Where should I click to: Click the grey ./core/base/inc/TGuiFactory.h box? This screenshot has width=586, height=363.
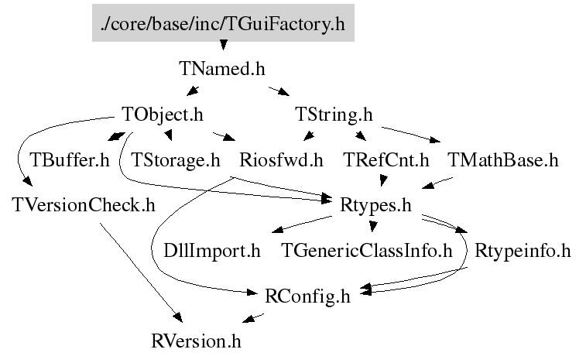[223, 24]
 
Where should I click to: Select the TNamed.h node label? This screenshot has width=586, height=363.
[223, 69]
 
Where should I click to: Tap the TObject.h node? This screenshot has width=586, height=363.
[163, 115]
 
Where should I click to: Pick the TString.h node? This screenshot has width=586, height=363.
[334, 115]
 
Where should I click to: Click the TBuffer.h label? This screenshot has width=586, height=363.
[70, 160]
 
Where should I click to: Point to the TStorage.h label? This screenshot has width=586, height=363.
[176, 160]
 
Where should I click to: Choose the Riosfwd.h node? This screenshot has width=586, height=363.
[281, 160]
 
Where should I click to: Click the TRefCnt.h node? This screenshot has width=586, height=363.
[386, 160]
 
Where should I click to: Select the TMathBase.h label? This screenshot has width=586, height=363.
[503, 160]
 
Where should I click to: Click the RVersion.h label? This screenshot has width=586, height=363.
[201, 340]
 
